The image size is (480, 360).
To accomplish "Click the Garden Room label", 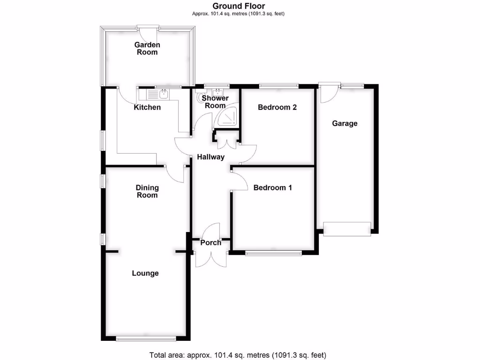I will (147, 49).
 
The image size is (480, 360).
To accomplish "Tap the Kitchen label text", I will (147, 107).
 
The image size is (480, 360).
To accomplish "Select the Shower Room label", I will (215, 102).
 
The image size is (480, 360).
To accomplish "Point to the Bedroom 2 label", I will (277, 107).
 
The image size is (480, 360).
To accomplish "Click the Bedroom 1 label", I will (272, 187).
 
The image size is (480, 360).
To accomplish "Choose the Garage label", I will (345, 123).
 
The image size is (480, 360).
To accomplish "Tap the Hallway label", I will (210, 157).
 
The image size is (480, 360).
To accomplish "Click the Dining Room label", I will (147, 191).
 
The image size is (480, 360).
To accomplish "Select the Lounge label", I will (145, 273).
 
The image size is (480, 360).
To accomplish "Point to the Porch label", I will (211, 243).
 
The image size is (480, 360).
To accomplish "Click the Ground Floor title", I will (239, 6).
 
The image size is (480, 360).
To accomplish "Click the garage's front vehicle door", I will (347, 229).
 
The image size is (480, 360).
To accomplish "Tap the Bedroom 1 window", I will (273, 254).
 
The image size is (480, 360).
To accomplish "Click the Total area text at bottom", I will (238, 355).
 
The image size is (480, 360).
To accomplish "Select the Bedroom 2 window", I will (279, 86).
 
